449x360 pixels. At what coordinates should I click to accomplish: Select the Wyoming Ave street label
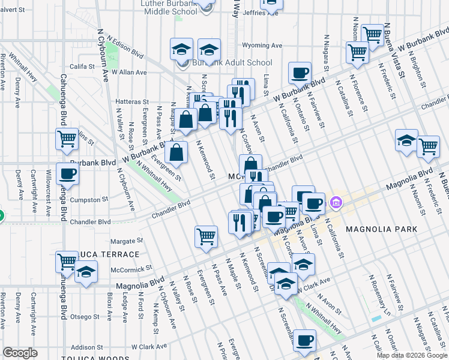pyautogui.click(x=262, y=46)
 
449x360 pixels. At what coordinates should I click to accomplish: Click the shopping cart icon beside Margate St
pyautogui.click(x=206, y=236)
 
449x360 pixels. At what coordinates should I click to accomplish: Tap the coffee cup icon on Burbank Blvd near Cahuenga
pyautogui.click(x=67, y=174)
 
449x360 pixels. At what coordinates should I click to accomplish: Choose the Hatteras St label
pyautogui.click(x=132, y=102)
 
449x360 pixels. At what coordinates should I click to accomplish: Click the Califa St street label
pyautogui.click(x=83, y=67)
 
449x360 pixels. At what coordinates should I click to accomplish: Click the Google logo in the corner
pyautogui.click(x=20, y=353)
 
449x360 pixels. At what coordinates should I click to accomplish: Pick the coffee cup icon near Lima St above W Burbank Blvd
pyautogui.click(x=299, y=73)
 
